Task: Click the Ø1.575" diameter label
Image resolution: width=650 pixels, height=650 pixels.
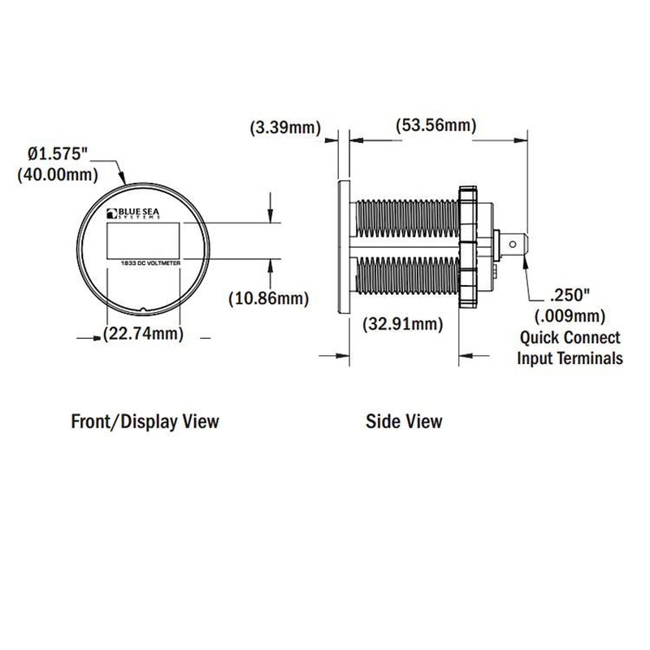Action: click(58, 154)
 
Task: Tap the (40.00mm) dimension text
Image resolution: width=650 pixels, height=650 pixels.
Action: click(58, 175)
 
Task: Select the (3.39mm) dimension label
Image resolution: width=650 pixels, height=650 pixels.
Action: click(286, 128)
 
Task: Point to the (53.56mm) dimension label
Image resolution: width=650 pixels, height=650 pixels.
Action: click(436, 125)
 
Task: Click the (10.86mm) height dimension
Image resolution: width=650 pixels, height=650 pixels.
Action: click(269, 298)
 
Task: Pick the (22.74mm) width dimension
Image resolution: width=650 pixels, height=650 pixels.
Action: click(144, 333)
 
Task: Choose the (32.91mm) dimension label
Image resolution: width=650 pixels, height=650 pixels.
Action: click(403, 323)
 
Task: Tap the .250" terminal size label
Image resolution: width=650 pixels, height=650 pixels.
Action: click(570, 296)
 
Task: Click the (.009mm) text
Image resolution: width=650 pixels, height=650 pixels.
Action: click(570, 316)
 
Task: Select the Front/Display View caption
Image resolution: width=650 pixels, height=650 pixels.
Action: click(145, 422)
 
